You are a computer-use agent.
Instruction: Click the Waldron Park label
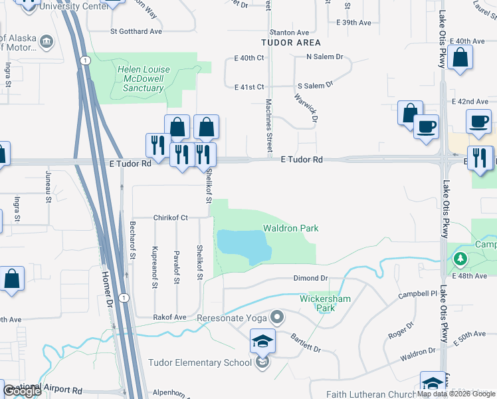290,228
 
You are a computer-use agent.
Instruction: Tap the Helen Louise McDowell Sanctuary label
144,78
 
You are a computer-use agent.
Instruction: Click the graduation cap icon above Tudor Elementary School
262,342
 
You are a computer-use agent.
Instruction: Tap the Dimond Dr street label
311,279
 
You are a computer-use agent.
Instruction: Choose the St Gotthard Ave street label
136,31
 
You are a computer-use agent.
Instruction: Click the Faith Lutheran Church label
371,394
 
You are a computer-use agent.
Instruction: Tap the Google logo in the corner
22,392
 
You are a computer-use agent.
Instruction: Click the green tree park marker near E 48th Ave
458,258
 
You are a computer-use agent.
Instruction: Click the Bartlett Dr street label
306,344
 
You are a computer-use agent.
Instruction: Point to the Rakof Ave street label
170,317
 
